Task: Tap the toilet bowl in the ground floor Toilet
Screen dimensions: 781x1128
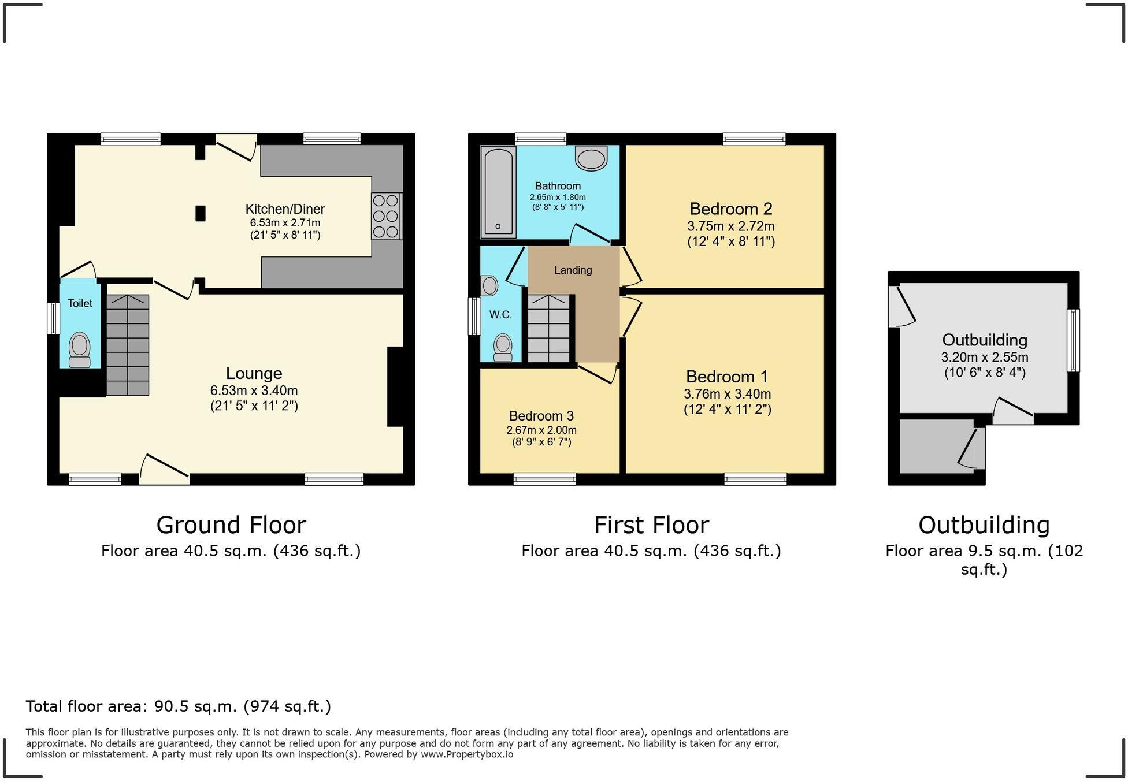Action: [x=80, y=349]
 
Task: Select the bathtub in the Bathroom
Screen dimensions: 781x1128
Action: [x=498, y=192]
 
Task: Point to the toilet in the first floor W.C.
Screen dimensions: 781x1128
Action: [x=503, y=347]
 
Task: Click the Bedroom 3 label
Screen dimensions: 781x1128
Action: [x=541, y=416]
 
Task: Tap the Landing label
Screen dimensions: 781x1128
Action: [x=573, y=270]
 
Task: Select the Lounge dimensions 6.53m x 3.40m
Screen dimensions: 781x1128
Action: [x=254, y=390]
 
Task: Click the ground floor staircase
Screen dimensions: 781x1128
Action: [x=128, y=345]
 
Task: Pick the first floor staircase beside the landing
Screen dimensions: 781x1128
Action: [x=548, y=329]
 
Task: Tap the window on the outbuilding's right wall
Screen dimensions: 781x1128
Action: [x=1073, y=340]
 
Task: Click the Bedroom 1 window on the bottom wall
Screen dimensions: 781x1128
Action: [x=755, y=479]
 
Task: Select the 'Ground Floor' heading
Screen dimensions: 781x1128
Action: [x=231, y=525]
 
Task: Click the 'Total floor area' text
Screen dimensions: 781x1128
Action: [x=178, y=706]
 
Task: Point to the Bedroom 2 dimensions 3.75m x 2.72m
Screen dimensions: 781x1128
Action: [x=730, y=226]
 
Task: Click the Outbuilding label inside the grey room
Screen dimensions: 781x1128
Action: [x=985, y=340]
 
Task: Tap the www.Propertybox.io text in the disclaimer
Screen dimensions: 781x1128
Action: [x=466, y=754]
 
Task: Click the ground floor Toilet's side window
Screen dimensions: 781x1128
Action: [x=53, y=318]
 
